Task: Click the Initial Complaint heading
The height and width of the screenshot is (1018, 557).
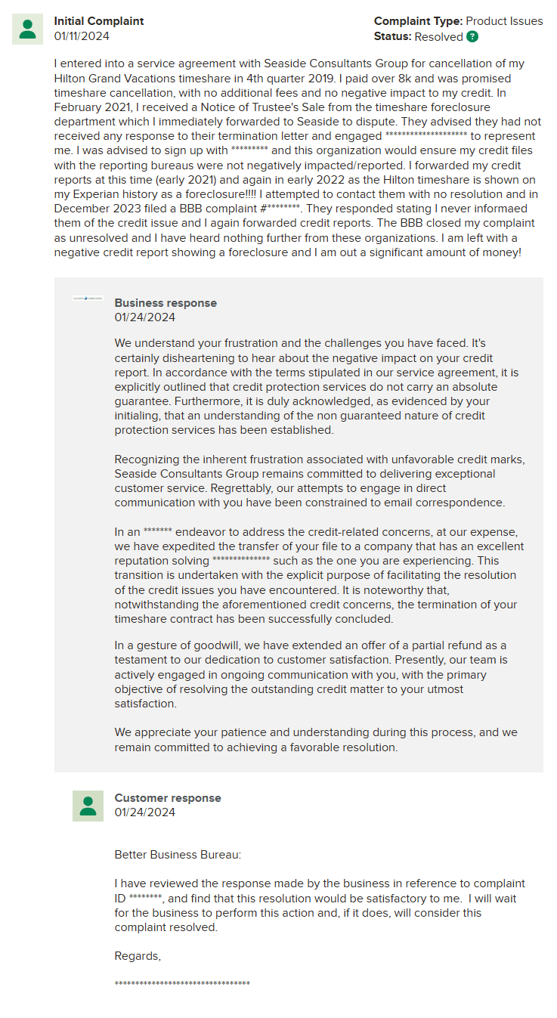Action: point(98,21)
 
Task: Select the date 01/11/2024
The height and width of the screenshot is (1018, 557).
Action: point(81,36)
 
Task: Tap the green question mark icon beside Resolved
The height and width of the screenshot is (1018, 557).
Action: point(472,36)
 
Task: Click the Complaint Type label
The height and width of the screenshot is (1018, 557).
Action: point(418,21)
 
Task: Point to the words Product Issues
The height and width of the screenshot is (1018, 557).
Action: point(504,21)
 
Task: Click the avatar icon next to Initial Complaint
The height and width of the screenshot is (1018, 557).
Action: point(28,29)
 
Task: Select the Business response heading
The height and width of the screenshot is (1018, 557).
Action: point(166,303)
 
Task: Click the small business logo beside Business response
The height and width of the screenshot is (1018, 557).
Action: point(88,299)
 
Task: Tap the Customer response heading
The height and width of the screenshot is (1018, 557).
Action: point(168,798)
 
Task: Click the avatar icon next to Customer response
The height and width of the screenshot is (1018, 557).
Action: point(88,806)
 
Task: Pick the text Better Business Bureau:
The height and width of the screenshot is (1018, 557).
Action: point(178,855)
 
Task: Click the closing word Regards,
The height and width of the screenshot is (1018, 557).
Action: point(138,956)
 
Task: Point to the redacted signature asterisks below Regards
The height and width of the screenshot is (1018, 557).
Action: point(182,983)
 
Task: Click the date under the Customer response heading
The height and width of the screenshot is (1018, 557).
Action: point(145,812)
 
